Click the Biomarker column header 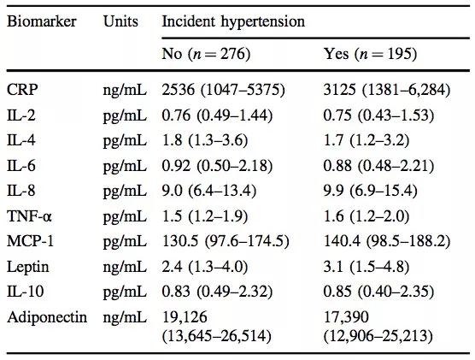point(42,21)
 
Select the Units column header point(120,21)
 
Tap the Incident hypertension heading point(233,22)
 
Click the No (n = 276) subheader point(206,54)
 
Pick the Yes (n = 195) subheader point(370,54)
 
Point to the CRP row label point(22,90)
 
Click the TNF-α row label point(29,216)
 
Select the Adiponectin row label point(47,317)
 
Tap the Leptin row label point(27,267)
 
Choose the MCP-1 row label point(30,242)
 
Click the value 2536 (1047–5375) point(224,90)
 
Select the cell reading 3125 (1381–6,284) point(387,90)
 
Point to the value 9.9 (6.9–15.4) point(371,191)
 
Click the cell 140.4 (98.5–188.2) point(387,242)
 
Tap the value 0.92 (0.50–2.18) point(217,166)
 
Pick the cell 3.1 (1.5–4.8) point(367,267)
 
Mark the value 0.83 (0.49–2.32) point(217,292)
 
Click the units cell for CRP point(125,91)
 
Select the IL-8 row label point(21,191)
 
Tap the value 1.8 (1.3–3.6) point(205,141)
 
